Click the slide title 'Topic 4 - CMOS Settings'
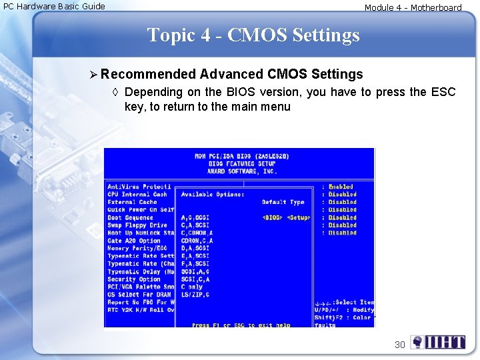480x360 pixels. (x=253, y=35)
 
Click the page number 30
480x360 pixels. (x=399, y=345)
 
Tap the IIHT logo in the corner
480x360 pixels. (x=438, y=343)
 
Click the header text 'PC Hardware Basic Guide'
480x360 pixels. (x=54, y=6)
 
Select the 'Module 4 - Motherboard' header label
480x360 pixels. (x=413, y=7)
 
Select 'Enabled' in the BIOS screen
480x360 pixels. (x=341, y=187)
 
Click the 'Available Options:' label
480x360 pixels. (x=212, y=195)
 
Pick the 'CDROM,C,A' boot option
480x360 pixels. (x=197, y=241)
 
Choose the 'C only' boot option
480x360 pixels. (x=194, y=287)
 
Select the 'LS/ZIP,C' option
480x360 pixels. (x=195, y=295)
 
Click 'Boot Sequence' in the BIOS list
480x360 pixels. (x=130, y=217)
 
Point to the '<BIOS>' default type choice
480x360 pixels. (x=272, y=217)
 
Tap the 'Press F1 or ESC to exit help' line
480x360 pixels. (x=241, y=325)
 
